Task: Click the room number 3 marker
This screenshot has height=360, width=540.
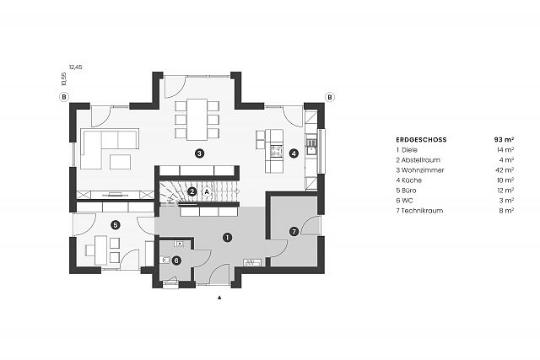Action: tap(199, 153)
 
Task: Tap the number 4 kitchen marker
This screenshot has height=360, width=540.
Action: tap(294, 153)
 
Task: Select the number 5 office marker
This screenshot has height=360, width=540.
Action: tap(116, 225)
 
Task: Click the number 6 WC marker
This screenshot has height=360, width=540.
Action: tap(176, 261)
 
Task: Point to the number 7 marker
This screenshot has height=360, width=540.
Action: tap(294, 232)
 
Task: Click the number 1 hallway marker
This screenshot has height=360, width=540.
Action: tap(227, 237)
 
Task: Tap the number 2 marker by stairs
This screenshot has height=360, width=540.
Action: tap(192, 191)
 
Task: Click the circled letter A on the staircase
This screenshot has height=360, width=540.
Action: tap(207, 191)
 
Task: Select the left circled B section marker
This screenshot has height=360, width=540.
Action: tap(64, 98)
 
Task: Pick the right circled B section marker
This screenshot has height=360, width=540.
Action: tap(330, 98)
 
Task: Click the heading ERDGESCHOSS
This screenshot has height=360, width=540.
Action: tap(421, 140)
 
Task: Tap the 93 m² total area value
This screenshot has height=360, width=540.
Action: tap(504, 140)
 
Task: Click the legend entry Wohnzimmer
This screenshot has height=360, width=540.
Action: tap(423, 170)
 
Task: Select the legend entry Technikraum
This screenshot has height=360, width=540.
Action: tap(422, 211)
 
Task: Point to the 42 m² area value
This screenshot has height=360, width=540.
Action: tap(505, 170)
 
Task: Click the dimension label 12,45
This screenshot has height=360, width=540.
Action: tap(76, 67)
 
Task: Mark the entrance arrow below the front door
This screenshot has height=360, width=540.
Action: tap(219, 298)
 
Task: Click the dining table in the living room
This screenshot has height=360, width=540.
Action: tap(197, 120)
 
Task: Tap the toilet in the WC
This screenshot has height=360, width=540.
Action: tap(165, 260)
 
